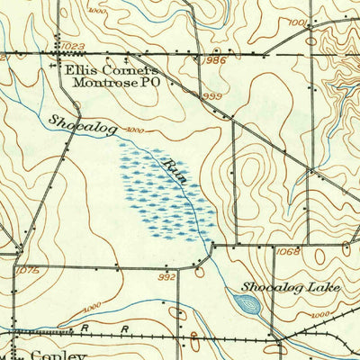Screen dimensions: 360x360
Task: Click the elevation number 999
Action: coord(211,96)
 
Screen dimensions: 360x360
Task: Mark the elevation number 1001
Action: coord(300,22)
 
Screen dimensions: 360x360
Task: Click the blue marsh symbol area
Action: coord(166,189)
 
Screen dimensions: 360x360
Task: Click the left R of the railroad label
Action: coord(84,329)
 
